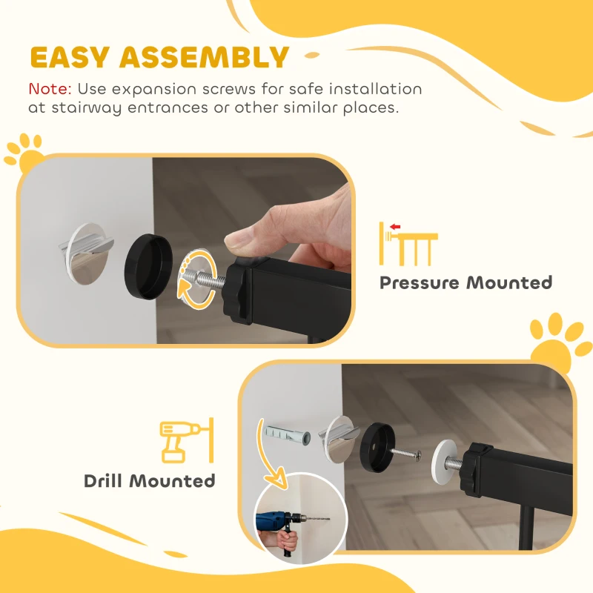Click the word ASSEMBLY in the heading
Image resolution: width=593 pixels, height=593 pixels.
click(205, 57)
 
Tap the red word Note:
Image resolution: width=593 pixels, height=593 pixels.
click(50, 89)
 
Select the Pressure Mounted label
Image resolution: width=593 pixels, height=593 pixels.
click(466, 283)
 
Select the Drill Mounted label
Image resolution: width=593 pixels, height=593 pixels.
click(150, 481)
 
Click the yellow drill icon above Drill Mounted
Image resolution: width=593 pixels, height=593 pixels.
click(187, 440)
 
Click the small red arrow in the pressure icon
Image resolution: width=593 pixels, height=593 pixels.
click(395, 227)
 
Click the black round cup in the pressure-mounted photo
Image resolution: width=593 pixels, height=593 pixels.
click(148, 266)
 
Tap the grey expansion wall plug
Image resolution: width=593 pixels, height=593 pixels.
click(287, 434)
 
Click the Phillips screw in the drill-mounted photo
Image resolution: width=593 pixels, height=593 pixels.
click(405, 454)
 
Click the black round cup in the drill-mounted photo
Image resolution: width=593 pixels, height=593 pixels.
click(377, 448)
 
